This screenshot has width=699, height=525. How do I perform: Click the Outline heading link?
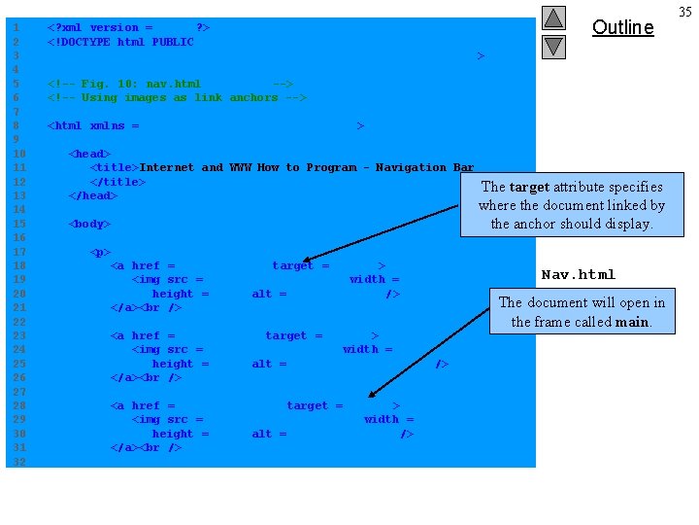click(x=622, y=27)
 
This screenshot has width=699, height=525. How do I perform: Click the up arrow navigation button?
click(x=553, y=17)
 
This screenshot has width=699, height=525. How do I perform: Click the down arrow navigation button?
click(x=553, y=46)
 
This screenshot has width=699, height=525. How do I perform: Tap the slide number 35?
click(x=685, y=12)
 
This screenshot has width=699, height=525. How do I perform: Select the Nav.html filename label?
click(x=578, y=274)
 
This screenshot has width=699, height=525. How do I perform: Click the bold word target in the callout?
click(x=529, y=187)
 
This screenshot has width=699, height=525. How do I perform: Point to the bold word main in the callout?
click(x=631, y=322)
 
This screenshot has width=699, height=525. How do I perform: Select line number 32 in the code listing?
click(x=16, y=462)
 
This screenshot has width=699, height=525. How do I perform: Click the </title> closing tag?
click(x=117, y=182)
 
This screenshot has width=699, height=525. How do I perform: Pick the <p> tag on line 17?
click(x=100, y=252)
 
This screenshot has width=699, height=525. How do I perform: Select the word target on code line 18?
click(x=292, y=265)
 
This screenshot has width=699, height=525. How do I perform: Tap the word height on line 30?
click(x=173, y=434)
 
